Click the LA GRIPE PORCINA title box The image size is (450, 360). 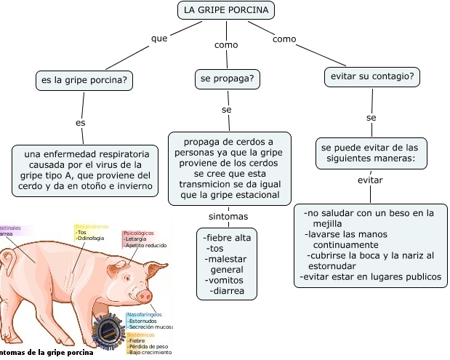(x=226, y=10)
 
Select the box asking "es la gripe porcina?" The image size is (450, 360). (x=84, y=80)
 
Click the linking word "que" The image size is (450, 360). (x=158, y=37)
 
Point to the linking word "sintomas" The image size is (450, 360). (x=228, y=217)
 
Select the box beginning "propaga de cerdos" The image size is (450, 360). (x=228, y=167)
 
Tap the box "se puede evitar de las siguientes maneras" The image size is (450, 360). (x=371, y=152)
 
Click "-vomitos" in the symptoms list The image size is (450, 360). (x=224, y=280)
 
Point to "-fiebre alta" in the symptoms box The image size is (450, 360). (x=228, y=238)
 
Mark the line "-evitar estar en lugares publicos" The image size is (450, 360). (x=371, y=276)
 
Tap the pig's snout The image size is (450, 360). (x=145, y=296)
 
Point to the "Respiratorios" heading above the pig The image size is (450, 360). (x=92, y=226)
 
